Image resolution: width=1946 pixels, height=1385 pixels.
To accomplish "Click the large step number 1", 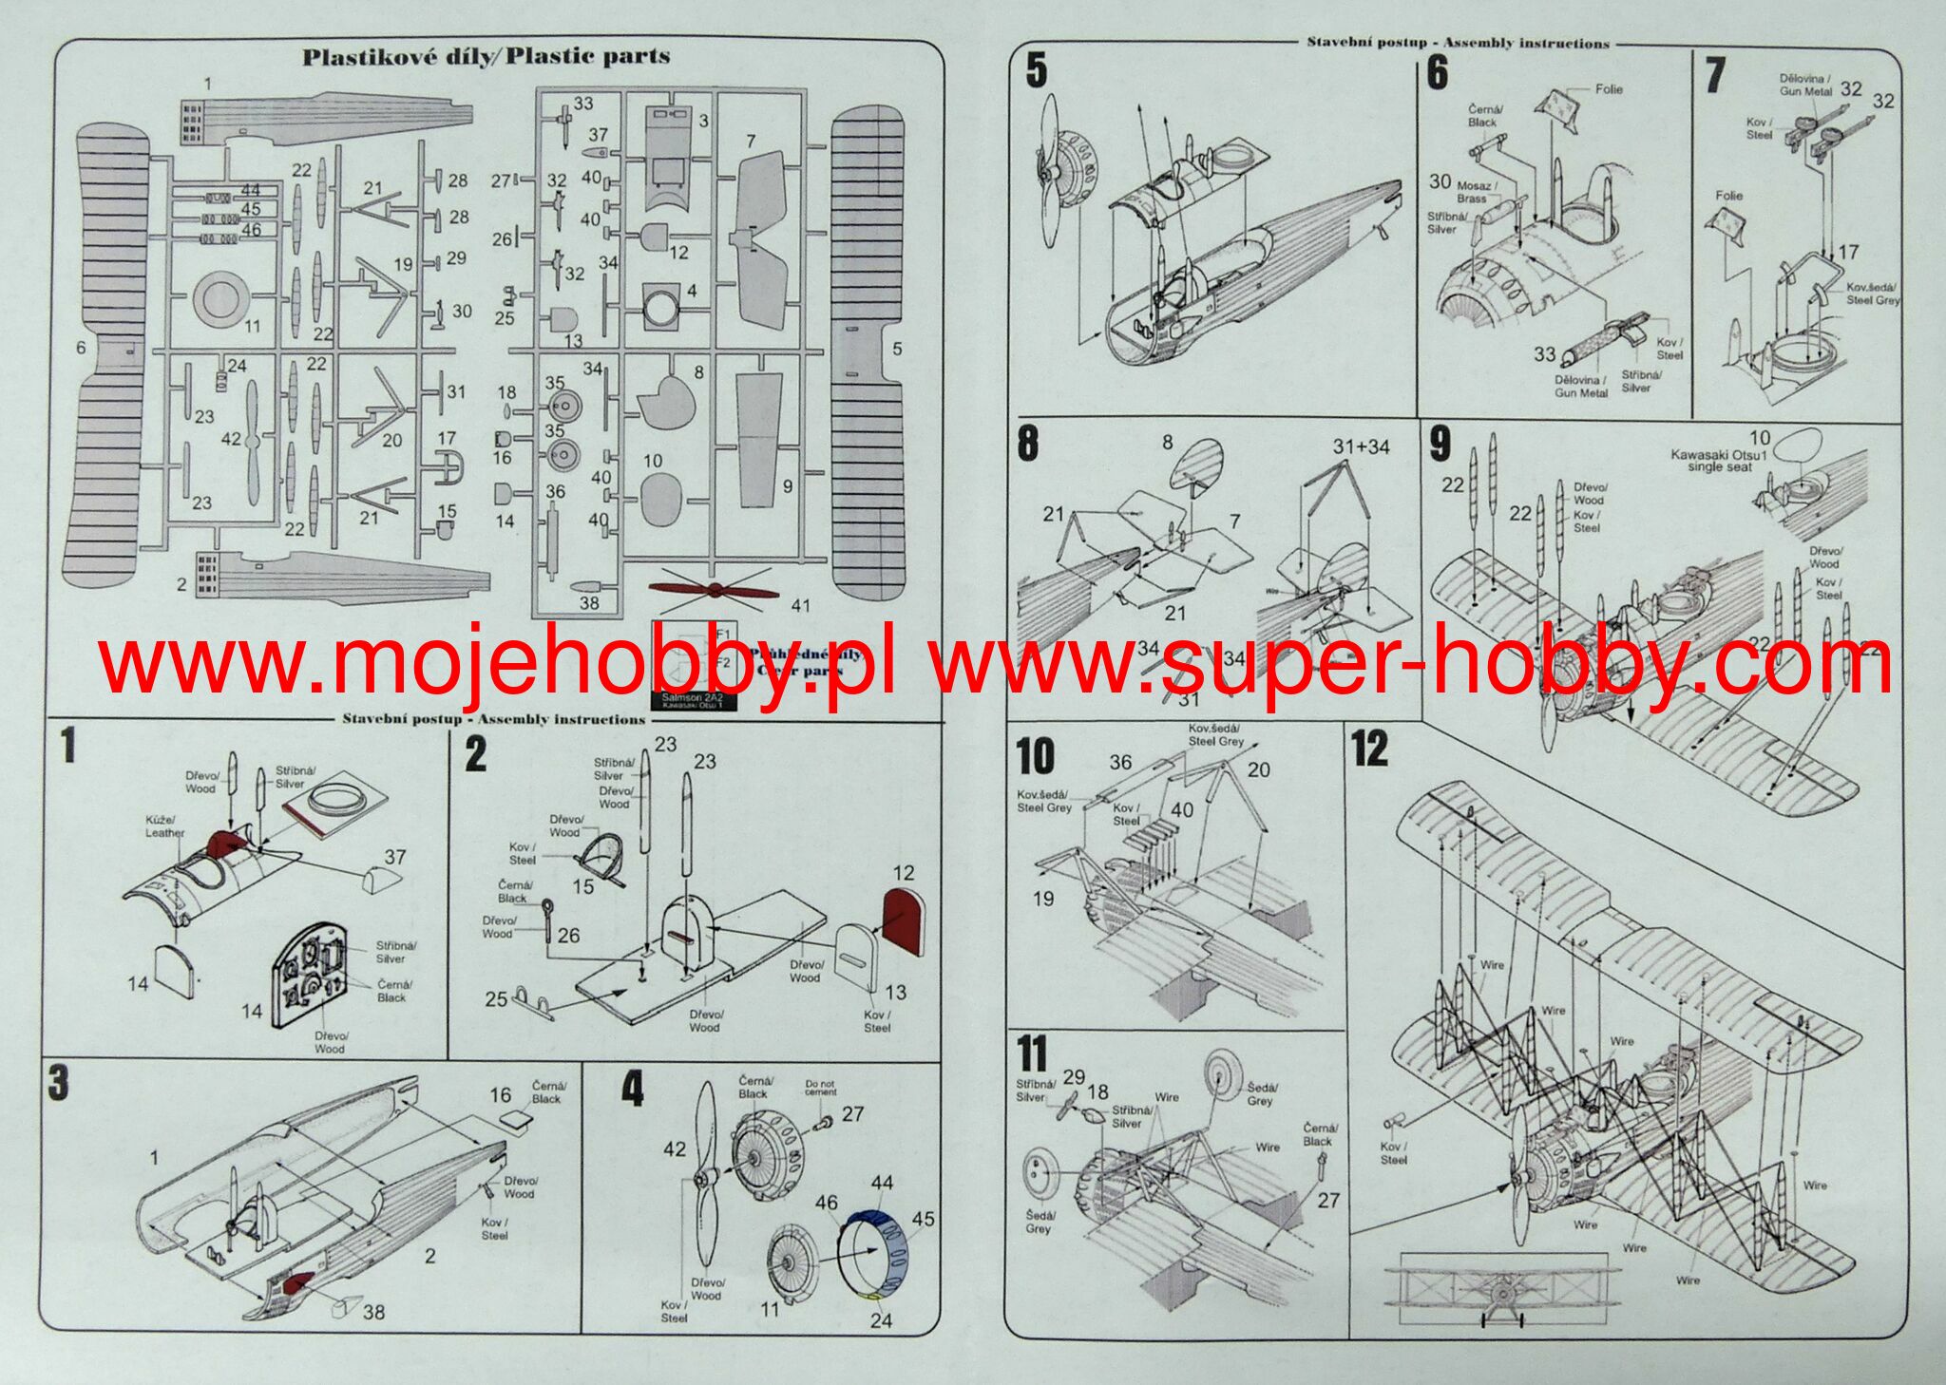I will (68, 745).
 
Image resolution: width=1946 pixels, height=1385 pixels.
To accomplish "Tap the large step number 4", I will (632, 1089).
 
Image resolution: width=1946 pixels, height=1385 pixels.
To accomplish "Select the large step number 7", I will (1714, 76).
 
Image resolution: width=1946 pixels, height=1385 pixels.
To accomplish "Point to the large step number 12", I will (1369, 749).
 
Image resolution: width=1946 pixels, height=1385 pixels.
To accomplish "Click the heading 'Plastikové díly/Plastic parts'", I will (486, 56).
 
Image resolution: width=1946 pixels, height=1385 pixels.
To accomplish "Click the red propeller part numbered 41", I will (714, 591).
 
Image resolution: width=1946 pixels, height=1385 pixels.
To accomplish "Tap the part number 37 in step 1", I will (395, 857).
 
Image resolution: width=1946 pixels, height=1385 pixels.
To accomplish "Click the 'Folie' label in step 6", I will (1609, 89).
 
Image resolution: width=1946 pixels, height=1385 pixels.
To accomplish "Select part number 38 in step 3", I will (373, 1312).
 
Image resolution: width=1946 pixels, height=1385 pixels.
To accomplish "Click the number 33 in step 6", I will (1544, 354).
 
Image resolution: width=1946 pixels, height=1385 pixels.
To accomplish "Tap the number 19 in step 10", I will (1042, 899).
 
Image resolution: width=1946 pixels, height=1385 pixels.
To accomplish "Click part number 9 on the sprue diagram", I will (787, 486).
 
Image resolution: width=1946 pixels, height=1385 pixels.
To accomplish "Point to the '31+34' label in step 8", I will (1361, 446).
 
